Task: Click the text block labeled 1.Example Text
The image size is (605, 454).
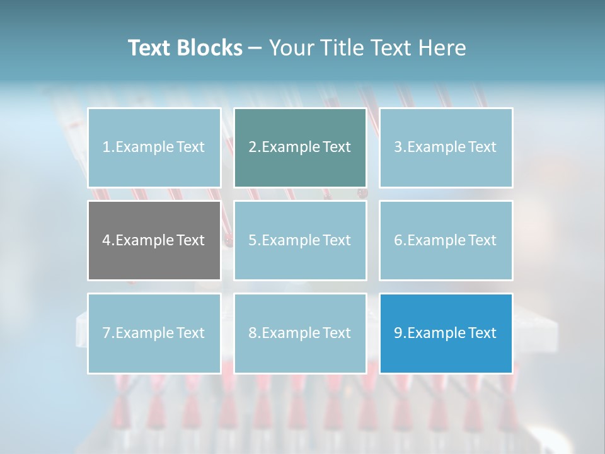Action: pos(154,148)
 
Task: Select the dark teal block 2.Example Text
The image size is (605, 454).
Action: pos(300,148)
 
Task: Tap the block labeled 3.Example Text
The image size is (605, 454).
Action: pos(446,148)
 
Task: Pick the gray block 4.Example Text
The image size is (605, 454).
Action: pos(154,240)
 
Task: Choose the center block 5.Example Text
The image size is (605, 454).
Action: pos(300,240)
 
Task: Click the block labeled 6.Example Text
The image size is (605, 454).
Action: pos(446,240)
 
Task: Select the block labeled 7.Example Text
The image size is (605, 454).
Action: pos(154,333)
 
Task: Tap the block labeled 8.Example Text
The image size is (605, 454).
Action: pos(300,333)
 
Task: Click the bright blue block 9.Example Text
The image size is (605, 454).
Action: pos(446,333)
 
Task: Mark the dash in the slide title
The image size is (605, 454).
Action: pos(255,48)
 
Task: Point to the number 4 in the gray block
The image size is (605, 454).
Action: pos(107,240)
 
